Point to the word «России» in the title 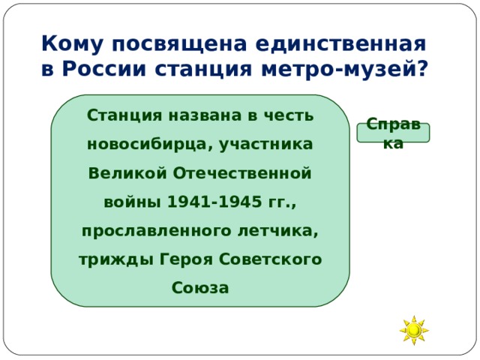pyautogui.click(x=106, y=69)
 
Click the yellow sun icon pyautogui.click(x=414, y=330)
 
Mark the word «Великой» pyautogui.click(x=127, y=173)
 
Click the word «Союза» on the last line pyautogui.click(x=199, y=287)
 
